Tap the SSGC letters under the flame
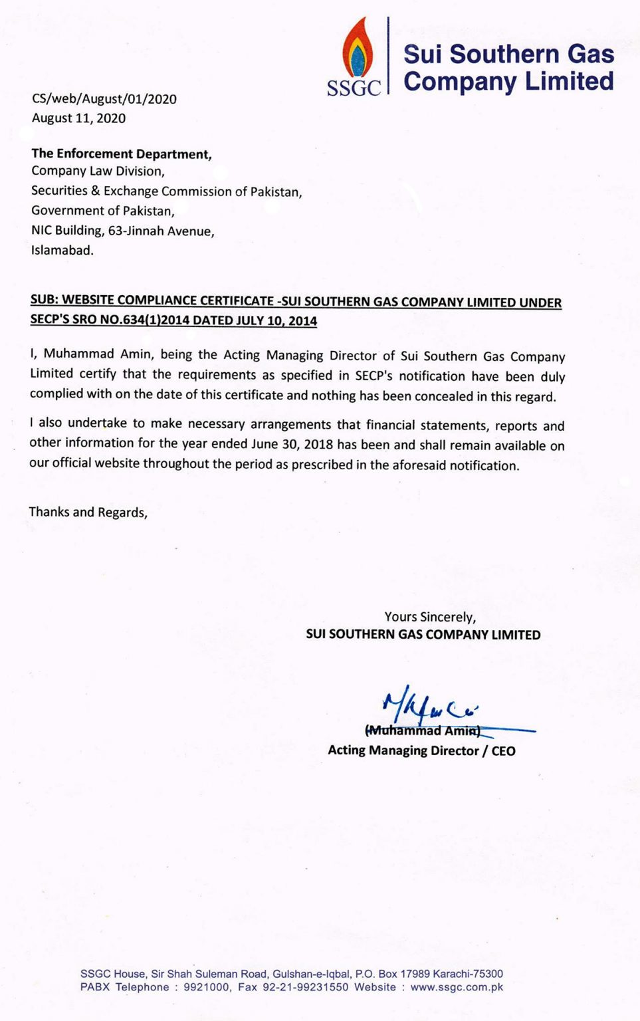pyautogui.click(x=354, y=88)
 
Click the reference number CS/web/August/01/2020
pyautogui.click(x=104, y=99)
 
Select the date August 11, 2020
pyautogui.click(x=78, y=118)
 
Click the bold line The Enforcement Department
pyautogui.click(x=122, y=154)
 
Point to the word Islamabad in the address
pyautogui.click(x=62, y=251)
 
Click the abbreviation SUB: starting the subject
pyautogui.click(x=45, y=300)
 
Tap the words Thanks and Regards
pyautogui.click(x=88, y=512)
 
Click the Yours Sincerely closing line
pyautogui.click(x=430, y=617)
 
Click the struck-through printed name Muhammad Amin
pyautogui.click(x=423, y=731)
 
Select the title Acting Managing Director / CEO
pyautogui.click(x=421, y=750)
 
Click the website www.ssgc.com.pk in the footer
pyautogui.click(x=457, y=987)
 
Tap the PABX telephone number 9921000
pyautogui.click(x=207, y=987)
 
